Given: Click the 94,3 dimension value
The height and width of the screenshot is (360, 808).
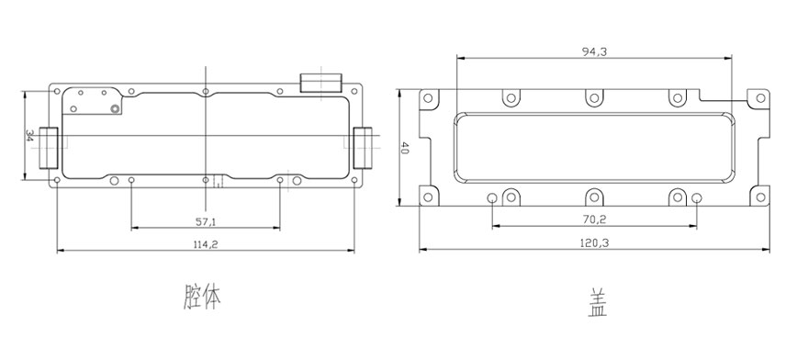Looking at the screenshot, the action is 594,51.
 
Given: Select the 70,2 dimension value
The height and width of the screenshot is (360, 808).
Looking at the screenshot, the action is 595,219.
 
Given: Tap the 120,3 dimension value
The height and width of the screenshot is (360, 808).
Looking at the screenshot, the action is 595,243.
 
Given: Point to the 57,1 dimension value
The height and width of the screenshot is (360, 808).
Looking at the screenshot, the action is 206,221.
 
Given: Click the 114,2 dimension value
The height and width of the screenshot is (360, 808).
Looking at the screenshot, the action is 206,244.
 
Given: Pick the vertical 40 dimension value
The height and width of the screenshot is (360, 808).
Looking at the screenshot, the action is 405,149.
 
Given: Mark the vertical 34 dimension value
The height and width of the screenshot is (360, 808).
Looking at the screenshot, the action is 29,136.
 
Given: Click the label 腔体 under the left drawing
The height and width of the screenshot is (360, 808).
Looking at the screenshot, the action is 203,297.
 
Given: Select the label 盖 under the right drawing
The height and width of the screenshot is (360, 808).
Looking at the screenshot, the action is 598,303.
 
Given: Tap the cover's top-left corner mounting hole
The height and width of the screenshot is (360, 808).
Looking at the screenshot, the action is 428,98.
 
